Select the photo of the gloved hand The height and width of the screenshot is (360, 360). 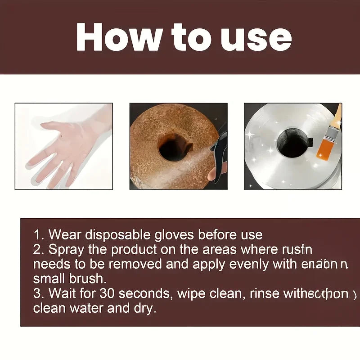(x=63, y=146)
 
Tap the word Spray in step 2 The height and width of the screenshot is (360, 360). (x=64, y=249)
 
